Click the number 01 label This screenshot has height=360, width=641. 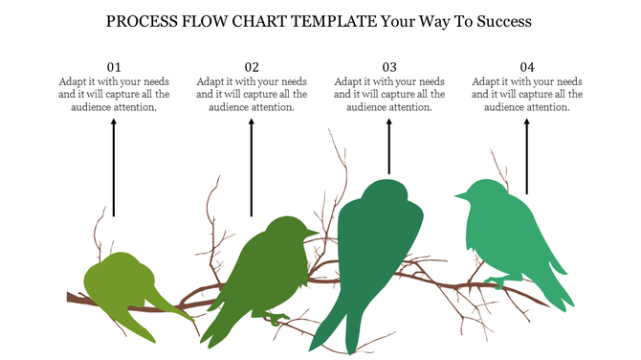coord(114,67)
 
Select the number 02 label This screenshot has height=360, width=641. coord(252,67)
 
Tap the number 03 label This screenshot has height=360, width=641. coord(389,67)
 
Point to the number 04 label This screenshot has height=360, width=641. coord(527,67)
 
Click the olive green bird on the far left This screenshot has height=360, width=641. coord(124,282)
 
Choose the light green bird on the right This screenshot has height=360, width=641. coord(502,230)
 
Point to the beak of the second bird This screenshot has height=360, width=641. coord(313,233)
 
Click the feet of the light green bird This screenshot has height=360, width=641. coord(497,282)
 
